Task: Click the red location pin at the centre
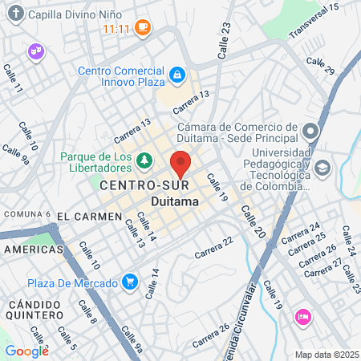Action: coord(181,163)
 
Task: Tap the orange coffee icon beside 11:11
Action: coord(143,28)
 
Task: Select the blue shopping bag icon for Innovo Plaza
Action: coord(176,75)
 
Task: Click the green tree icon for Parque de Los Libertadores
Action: coord(144,162)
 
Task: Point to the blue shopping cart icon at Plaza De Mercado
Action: coord(128,282)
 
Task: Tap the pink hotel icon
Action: coord(302,316)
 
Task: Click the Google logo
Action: coord(26,351)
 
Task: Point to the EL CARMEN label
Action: coord(90,217)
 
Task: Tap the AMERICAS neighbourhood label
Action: coord(33,249)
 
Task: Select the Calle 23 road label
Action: coord(225,34)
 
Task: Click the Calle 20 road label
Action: coord(249,219)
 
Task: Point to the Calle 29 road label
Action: coord(319,66)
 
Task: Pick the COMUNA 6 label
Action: coord(27,214)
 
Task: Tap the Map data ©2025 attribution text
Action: coord(327,355)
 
